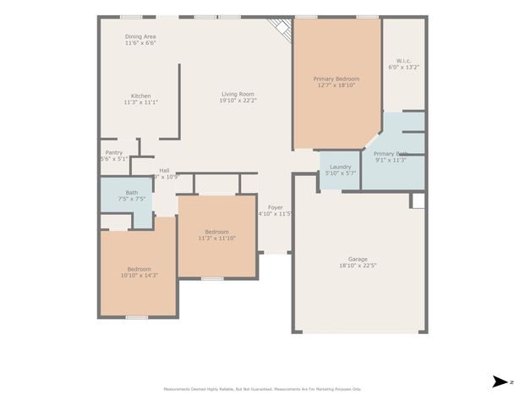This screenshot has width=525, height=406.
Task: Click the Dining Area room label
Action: tap(140, 36)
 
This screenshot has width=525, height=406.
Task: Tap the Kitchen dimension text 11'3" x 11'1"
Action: tap(140, 102)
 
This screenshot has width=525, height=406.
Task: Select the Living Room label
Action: tap(238, 94)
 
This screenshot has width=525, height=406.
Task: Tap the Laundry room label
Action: tap(340, 166)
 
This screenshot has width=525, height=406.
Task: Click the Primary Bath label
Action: tap(390, 154)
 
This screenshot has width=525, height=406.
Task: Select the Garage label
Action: tap(358, 259)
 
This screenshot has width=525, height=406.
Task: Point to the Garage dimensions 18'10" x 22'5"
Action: tap(358, 266)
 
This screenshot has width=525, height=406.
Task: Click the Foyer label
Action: tap(276, 207)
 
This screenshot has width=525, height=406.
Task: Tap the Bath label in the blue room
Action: tap(132, 193)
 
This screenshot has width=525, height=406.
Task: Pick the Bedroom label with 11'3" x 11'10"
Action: tap(216, 232)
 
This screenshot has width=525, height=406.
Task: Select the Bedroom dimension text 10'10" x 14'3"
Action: tap(139, 276)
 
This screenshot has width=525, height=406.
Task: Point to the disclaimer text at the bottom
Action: tap(262, 389)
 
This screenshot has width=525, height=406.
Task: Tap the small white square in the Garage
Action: tap(417, 200)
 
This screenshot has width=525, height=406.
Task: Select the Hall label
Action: tap(164, 170)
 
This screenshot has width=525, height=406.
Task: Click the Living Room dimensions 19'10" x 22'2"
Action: tap(238, 101)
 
